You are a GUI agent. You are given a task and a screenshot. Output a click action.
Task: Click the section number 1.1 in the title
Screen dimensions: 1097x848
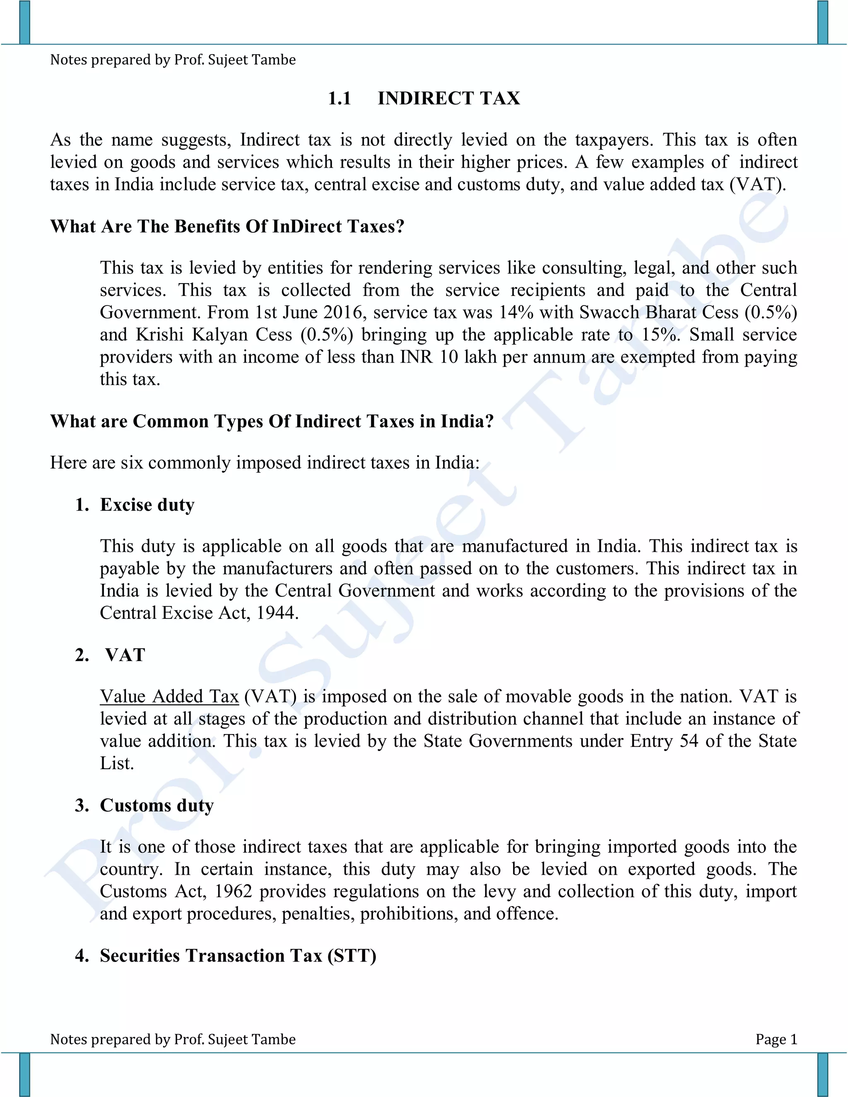pos(340,99)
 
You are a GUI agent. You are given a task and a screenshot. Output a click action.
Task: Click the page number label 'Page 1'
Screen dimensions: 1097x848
pos(776,1039)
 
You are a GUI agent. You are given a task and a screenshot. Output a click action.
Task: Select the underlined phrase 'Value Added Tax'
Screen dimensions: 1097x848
pos(169,697)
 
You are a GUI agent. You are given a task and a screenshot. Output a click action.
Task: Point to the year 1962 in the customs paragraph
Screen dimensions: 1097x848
pos(233,892)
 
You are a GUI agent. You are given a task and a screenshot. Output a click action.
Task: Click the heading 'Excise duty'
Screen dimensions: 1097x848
pos(147,505)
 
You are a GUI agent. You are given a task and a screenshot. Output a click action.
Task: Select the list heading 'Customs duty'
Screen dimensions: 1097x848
pos(157,805)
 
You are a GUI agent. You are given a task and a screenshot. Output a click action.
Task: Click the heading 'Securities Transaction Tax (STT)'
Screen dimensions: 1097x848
pos(238,955)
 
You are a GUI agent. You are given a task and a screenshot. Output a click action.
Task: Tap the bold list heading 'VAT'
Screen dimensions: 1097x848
pos(125,655)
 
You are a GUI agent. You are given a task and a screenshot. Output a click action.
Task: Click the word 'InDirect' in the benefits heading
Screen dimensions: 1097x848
pos(306,226)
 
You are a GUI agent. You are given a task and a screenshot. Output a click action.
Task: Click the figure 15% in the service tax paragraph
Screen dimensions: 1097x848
pos(660,335)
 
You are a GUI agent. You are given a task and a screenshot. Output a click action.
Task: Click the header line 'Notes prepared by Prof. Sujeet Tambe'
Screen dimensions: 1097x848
pos(173,60)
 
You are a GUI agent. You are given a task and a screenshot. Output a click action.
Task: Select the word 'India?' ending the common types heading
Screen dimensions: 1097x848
pos(467,421)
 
